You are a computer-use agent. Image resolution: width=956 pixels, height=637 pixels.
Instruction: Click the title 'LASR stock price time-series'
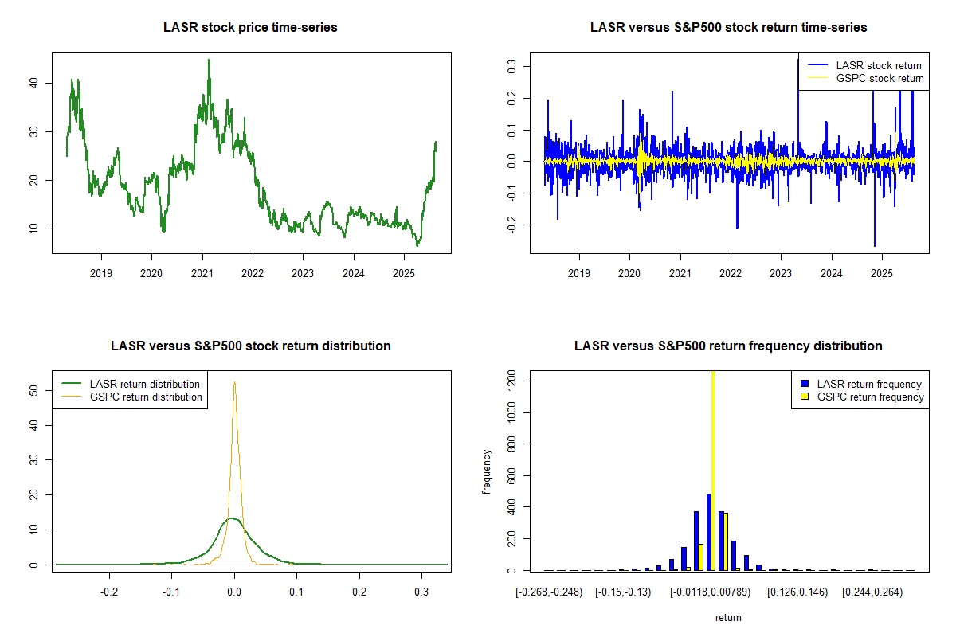click(x=250, y=28)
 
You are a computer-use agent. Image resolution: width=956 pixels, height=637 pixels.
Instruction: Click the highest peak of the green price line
click(x=209, y=60)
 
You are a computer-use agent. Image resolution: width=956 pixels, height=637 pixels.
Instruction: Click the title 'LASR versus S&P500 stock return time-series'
click(x=728, y=28)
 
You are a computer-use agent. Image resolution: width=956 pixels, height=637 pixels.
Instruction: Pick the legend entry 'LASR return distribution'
click(x=144, y=384)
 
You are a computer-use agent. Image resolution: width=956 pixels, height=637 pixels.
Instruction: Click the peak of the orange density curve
click(x=234, y=381)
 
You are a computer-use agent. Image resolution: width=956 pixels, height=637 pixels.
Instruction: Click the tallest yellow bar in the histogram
click(x=712, y=470)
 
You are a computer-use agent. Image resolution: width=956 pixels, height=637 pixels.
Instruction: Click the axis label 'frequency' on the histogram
click(x=487, y=472)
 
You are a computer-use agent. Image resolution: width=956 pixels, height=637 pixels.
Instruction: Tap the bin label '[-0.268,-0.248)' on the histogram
click(x=550, y=592)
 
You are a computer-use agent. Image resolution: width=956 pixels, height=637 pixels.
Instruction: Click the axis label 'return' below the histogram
click(x=728, y=617)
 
